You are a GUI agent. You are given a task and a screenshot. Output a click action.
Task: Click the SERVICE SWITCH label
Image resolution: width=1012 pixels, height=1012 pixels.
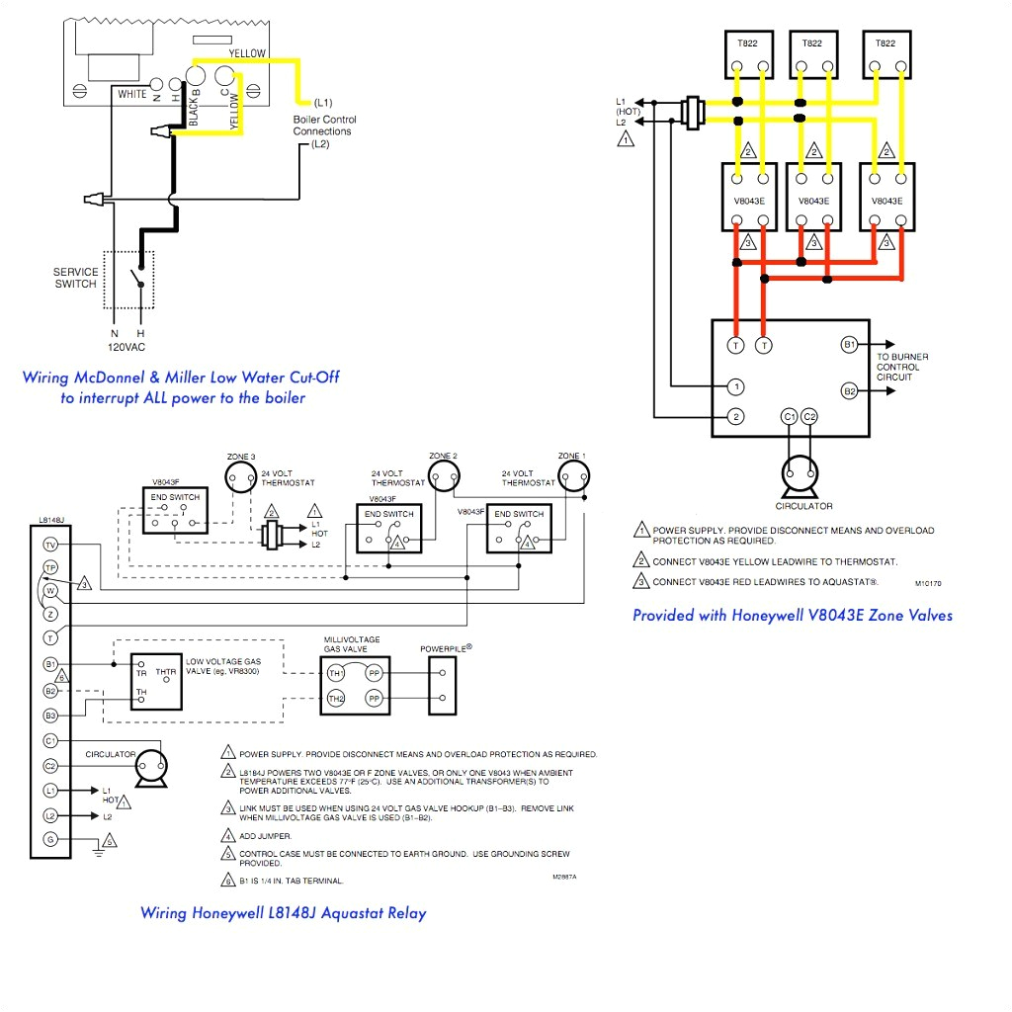tap(76, 278)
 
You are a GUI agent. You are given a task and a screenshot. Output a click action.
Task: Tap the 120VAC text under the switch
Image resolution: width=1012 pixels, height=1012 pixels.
tap(127, 348)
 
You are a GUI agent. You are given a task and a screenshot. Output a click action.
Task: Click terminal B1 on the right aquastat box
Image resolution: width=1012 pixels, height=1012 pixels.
tap(849, 345)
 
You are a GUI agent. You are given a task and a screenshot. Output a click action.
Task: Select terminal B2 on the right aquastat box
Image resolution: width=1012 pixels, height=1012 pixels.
tap(849, 390)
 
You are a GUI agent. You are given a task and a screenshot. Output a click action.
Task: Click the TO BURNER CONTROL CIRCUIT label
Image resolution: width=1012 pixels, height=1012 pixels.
tap(902, 367)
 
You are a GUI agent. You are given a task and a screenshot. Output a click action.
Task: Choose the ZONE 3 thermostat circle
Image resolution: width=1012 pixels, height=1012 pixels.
tap(240, 478)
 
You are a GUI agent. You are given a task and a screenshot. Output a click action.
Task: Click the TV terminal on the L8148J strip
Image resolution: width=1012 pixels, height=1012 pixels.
tap(49, 545)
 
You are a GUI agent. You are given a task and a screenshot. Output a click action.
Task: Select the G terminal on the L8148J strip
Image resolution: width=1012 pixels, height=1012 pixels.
tap(49, 839)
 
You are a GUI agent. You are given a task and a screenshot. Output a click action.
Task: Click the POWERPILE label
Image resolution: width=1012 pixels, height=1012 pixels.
tap(446, 648)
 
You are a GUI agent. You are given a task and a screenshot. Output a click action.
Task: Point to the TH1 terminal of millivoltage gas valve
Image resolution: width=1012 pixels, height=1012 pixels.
tap(336, 672)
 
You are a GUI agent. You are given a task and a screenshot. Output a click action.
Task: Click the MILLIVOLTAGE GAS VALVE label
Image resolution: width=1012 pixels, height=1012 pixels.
tap(351, 645)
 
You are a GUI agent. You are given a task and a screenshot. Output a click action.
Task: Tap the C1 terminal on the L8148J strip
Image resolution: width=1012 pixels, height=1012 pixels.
tap(49, 740)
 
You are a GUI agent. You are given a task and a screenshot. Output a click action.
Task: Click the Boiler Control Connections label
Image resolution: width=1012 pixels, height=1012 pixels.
tap(324, 126)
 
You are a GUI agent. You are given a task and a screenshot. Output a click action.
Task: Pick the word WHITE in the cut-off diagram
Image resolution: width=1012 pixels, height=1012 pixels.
tap(132, 95)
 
